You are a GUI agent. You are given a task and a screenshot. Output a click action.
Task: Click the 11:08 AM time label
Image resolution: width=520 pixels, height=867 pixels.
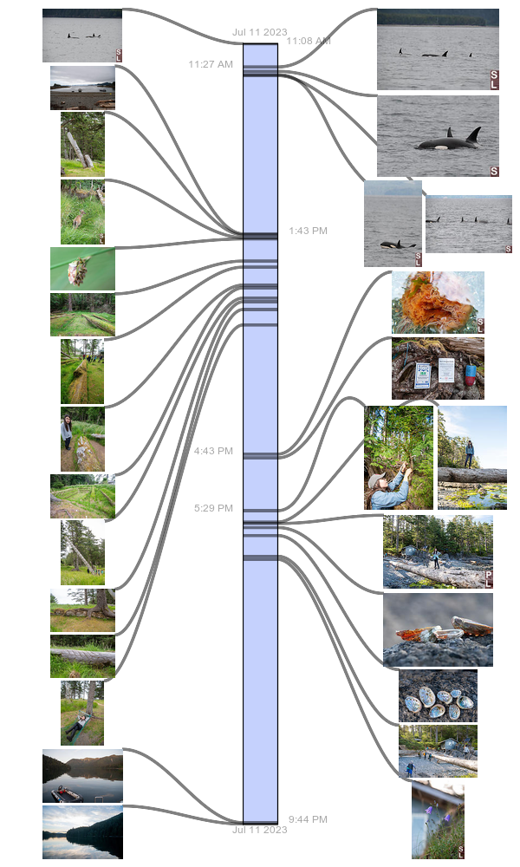click(x=308, y=41)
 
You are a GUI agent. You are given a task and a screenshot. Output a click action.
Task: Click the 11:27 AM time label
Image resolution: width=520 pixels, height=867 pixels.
click(x=211, y=64)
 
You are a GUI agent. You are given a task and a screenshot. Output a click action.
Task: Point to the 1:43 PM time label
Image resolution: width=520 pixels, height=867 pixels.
click(x=308, y=231)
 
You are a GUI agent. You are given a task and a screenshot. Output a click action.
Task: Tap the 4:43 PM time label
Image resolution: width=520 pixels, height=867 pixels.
click(x=213, y=451)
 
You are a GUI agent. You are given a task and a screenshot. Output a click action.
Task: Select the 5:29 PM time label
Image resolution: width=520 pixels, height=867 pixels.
click(x=213, y=508)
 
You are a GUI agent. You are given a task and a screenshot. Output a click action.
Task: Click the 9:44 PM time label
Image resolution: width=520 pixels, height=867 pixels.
click(x=308, y=819)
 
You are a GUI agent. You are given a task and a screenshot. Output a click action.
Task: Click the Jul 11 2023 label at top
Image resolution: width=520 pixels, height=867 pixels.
click(x=259, y=32)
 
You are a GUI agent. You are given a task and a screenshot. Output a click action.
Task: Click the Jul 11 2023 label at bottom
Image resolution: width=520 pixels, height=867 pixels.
click(x=259, y=830)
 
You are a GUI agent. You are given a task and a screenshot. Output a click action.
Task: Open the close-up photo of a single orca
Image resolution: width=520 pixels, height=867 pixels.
click(x=438, y=136)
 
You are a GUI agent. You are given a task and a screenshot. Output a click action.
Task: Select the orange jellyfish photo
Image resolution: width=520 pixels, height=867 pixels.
click(x=438, y=303)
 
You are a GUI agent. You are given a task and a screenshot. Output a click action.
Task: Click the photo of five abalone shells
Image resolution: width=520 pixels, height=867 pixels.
click(x=438, y=695)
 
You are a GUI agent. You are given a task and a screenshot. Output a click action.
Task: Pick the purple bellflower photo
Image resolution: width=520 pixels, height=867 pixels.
click(x=438, y=820)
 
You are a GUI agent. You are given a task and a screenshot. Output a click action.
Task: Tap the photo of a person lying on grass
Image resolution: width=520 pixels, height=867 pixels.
click(x=82, y=713)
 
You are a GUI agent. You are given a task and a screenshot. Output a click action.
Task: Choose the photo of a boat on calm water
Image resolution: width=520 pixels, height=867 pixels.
click(x=82, y=776)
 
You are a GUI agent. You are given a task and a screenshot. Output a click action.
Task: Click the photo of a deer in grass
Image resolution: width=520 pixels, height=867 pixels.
click(x=82, y=212)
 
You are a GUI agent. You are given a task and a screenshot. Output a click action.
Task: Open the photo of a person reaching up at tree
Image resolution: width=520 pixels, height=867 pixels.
click(x=399, y=458)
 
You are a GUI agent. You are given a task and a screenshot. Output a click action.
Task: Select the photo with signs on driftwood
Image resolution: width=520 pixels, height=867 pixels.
click(x=438, y=368)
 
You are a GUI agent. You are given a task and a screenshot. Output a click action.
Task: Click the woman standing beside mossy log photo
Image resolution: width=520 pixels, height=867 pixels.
click(x=82, y=440)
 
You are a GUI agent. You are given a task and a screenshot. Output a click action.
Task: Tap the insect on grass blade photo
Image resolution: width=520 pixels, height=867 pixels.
click(x=82, y=269)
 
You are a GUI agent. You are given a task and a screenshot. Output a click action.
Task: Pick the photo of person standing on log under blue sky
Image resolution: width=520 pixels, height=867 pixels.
click(x=472, y=458)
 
